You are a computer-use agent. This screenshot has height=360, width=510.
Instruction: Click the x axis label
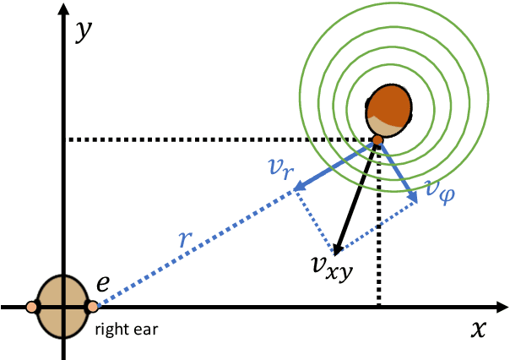(479, 330)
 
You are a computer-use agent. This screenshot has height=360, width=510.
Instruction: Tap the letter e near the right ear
(102, 285)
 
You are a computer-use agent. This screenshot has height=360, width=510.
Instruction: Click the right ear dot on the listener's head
(92, 306)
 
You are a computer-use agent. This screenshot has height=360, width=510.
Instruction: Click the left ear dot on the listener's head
(32, 306)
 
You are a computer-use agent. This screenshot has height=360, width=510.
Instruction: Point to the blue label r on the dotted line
(187, 238)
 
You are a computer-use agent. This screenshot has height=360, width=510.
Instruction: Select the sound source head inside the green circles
(391, 108)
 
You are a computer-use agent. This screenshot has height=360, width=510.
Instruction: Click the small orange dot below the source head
(377, 139)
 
